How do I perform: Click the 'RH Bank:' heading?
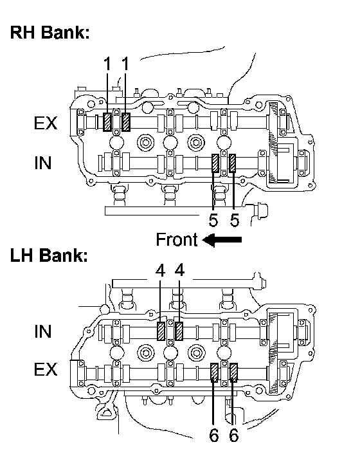tap(50, 32)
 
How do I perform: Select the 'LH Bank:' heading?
tap(49, 255)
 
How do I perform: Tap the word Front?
tap(177, 240)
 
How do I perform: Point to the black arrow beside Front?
tap(222, 240)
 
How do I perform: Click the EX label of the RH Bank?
tap(46, 123)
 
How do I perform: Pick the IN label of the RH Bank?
tap(43, 163)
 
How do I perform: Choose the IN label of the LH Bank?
tap(43, 331)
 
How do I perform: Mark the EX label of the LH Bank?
tap(46, 369)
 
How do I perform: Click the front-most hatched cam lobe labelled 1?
tap(107, 122)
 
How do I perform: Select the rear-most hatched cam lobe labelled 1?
tap(126, 122)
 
